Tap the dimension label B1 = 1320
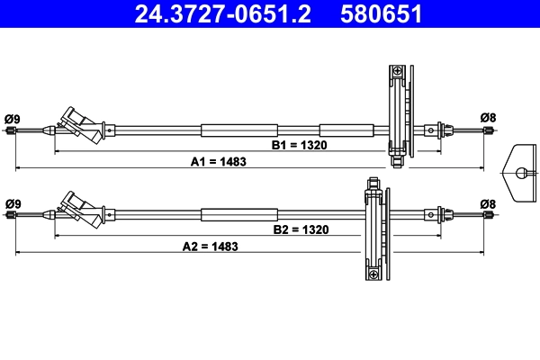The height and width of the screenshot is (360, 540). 300,145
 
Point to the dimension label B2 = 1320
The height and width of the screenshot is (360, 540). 301,229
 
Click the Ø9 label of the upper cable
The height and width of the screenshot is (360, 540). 13,117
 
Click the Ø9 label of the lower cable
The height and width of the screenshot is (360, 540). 13,202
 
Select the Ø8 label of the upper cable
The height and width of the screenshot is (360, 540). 488,117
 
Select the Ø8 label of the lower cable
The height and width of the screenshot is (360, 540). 488,202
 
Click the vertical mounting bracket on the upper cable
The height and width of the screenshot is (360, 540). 398,112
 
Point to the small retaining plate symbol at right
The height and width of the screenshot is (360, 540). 520,171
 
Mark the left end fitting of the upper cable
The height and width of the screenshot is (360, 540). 12,131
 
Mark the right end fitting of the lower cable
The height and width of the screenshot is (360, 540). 488,215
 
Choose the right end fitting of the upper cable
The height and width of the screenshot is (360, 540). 488,130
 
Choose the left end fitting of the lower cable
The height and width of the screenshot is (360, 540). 12,215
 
